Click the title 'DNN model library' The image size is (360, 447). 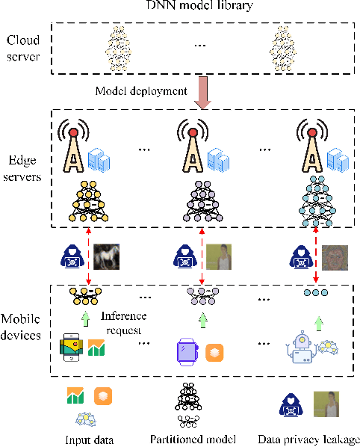[198, 7]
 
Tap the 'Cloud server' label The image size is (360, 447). [24, 46]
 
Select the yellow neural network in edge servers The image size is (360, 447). [89, 203]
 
